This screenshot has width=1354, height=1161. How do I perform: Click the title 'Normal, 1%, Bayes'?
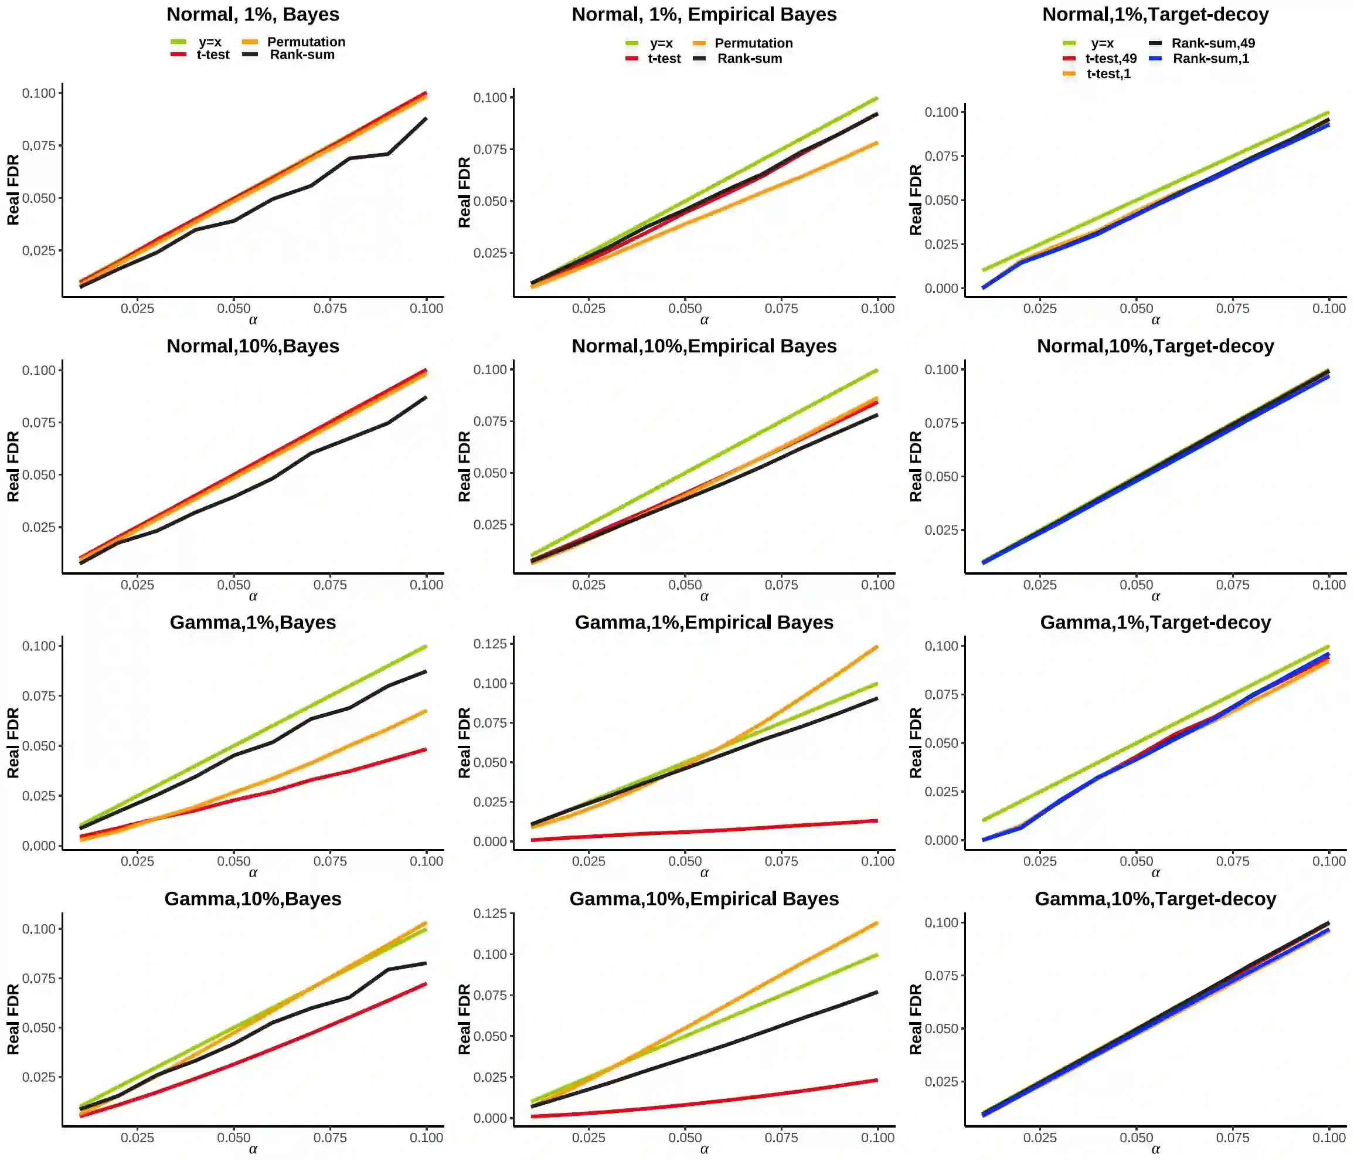click(x=253, y=15)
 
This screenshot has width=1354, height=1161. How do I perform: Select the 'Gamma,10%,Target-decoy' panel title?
click(x=1155, y=899)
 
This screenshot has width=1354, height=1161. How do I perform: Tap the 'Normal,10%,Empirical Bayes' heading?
click(x=704, y=346)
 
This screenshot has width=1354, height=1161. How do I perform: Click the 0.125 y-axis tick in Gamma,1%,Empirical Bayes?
click(x=490, y=644)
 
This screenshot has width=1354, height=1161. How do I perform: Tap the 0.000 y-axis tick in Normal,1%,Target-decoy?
click(x=941, y=288)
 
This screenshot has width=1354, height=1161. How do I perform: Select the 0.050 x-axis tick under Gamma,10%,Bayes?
click(x=233, y=1138)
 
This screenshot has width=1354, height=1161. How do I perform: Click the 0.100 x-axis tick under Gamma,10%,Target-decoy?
click(x=1329, y=1138)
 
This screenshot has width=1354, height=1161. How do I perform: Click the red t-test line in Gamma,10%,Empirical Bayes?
click(x=705, y=1102)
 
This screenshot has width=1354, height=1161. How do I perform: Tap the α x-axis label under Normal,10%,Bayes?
click(x=253, y=596)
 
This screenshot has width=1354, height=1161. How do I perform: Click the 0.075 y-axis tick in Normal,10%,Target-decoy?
click(x=941, y=423)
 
